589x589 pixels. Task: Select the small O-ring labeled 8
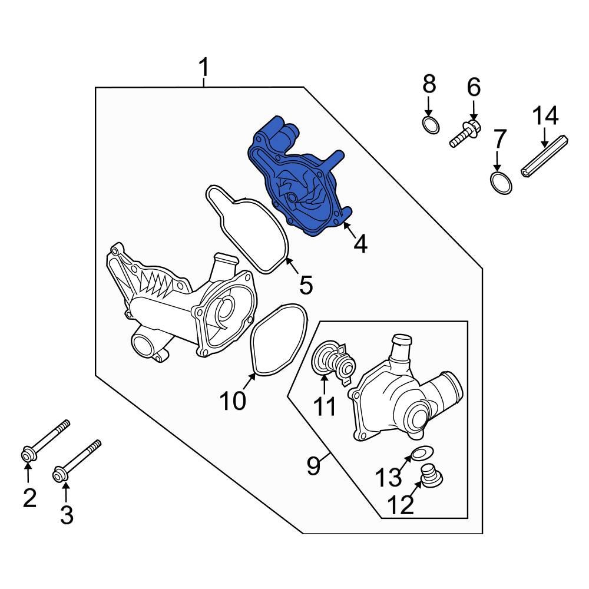click(431, 124)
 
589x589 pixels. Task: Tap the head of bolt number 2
click(27, 455)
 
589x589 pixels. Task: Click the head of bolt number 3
click(60, 473)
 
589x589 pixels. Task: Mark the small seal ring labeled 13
click(419, 453)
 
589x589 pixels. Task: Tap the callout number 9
click(313, 466)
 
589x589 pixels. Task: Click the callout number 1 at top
click(203, 69)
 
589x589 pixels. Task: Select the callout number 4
click(360, 243)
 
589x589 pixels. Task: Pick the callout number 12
click(401, 505)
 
